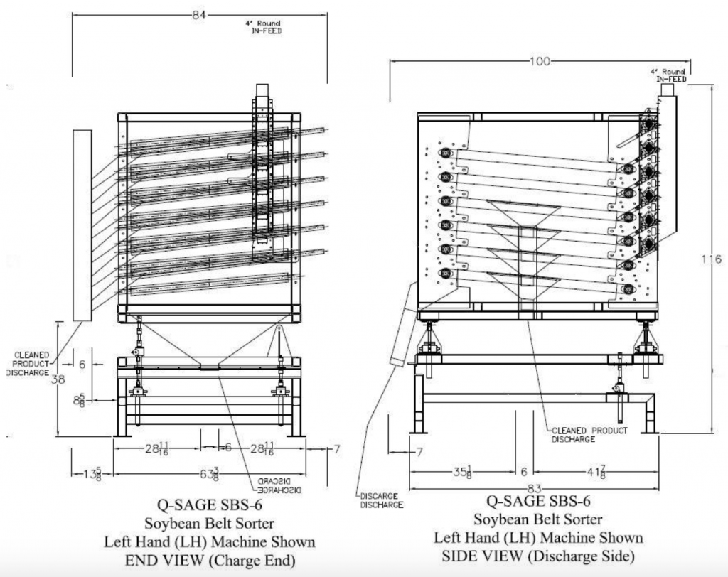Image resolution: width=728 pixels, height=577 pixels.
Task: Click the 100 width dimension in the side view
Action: pyautogui.click(x=540, y=61)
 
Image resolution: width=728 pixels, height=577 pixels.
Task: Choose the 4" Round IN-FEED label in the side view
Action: pyautogui.click(x=668, y=75)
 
